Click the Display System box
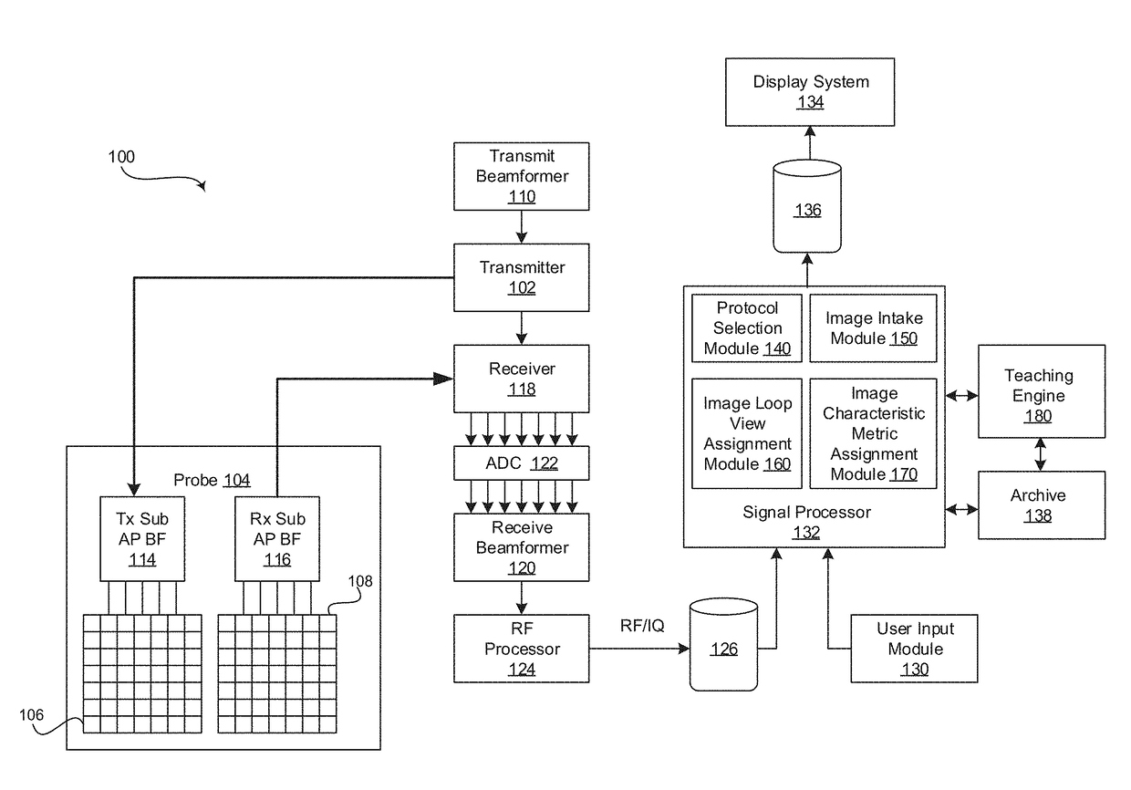tap(810, 91)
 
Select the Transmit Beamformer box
tap(522, 176)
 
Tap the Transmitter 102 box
tap(522, 277)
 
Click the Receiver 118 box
tap(522, 379)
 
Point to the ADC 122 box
tap(522, 463)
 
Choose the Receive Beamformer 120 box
tap(522, 547)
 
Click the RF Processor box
tap(522, 649)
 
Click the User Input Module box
tap(915, 649)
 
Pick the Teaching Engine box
tap(1041, 396)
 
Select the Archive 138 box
tap(1041, 505)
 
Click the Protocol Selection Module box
tap(747, 328)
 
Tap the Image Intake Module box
tap(873, 328)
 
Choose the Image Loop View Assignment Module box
tap(747, 433)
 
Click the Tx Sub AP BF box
tap(141, 539)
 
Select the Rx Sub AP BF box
tap(276, 539)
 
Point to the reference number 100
tap(121, 157)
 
